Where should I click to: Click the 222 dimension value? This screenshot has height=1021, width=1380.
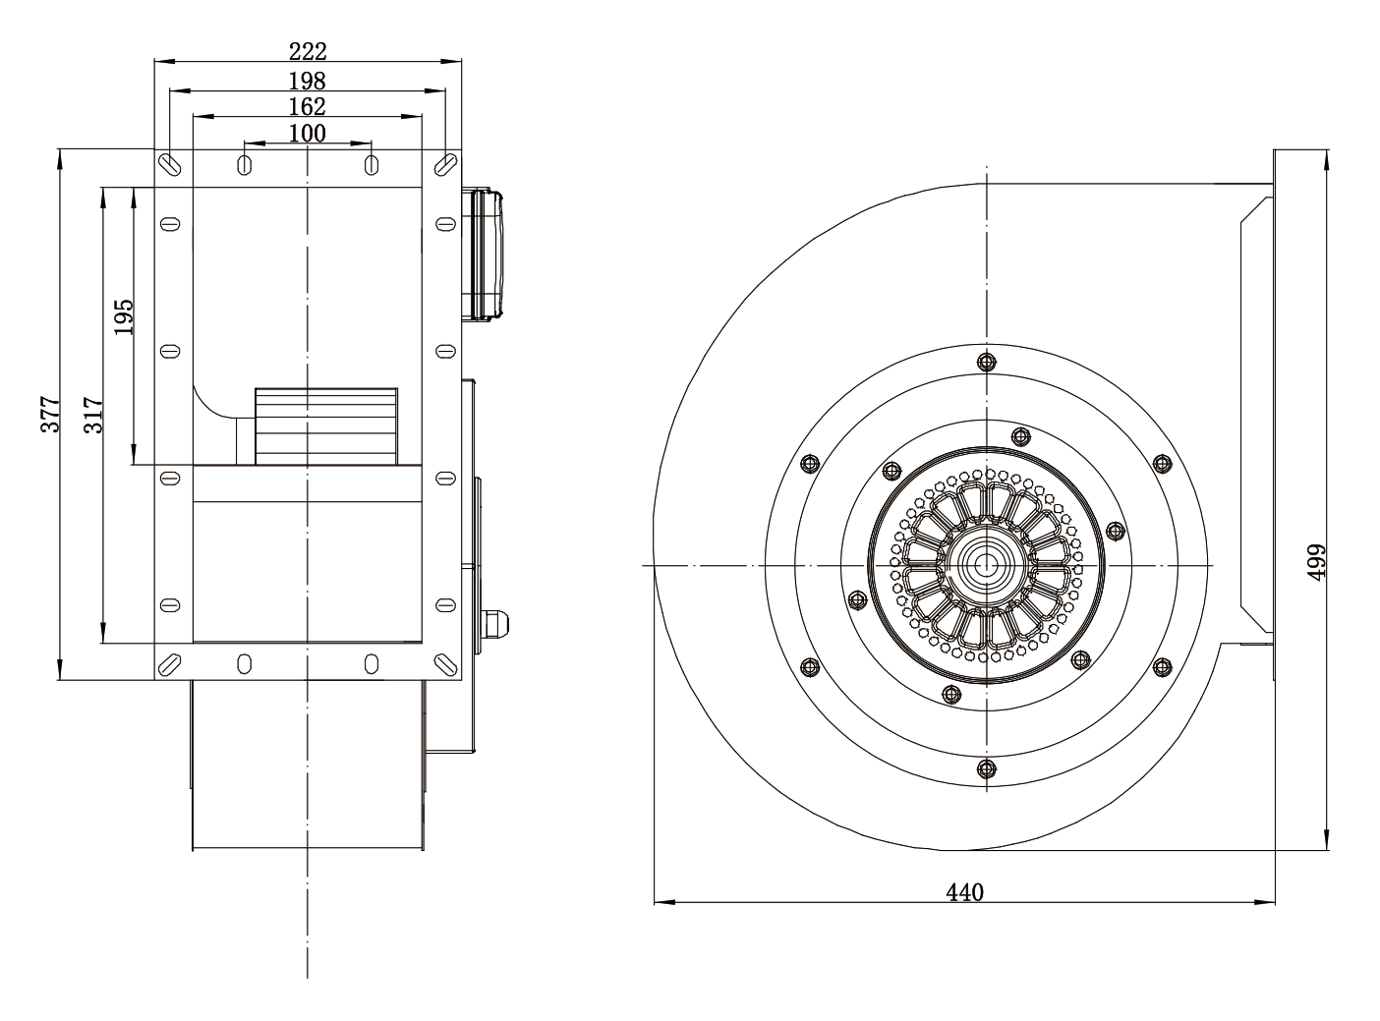308,51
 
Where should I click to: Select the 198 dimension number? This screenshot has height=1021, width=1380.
308,81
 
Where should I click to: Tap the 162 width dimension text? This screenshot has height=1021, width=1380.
308,106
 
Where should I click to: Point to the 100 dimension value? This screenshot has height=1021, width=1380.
308,133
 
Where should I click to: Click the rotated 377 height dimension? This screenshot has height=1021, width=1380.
50,414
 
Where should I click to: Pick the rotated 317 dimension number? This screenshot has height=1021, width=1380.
93,415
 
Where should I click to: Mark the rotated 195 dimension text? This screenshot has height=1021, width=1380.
124,316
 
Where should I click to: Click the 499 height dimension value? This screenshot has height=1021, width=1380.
1316,562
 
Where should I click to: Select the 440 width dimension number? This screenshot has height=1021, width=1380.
964,893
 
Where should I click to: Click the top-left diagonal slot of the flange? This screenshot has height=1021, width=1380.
170,164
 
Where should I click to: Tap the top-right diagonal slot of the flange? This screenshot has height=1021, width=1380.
445,164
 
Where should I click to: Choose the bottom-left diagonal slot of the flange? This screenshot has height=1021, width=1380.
170,664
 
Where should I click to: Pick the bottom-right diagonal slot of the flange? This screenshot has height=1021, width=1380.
445,664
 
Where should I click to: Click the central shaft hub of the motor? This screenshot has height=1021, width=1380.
986,565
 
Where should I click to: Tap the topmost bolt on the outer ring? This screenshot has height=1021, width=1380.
986,361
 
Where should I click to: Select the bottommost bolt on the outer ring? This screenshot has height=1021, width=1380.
986,768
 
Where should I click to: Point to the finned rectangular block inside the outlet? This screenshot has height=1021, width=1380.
326,426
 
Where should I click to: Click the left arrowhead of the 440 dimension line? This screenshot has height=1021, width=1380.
664,902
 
